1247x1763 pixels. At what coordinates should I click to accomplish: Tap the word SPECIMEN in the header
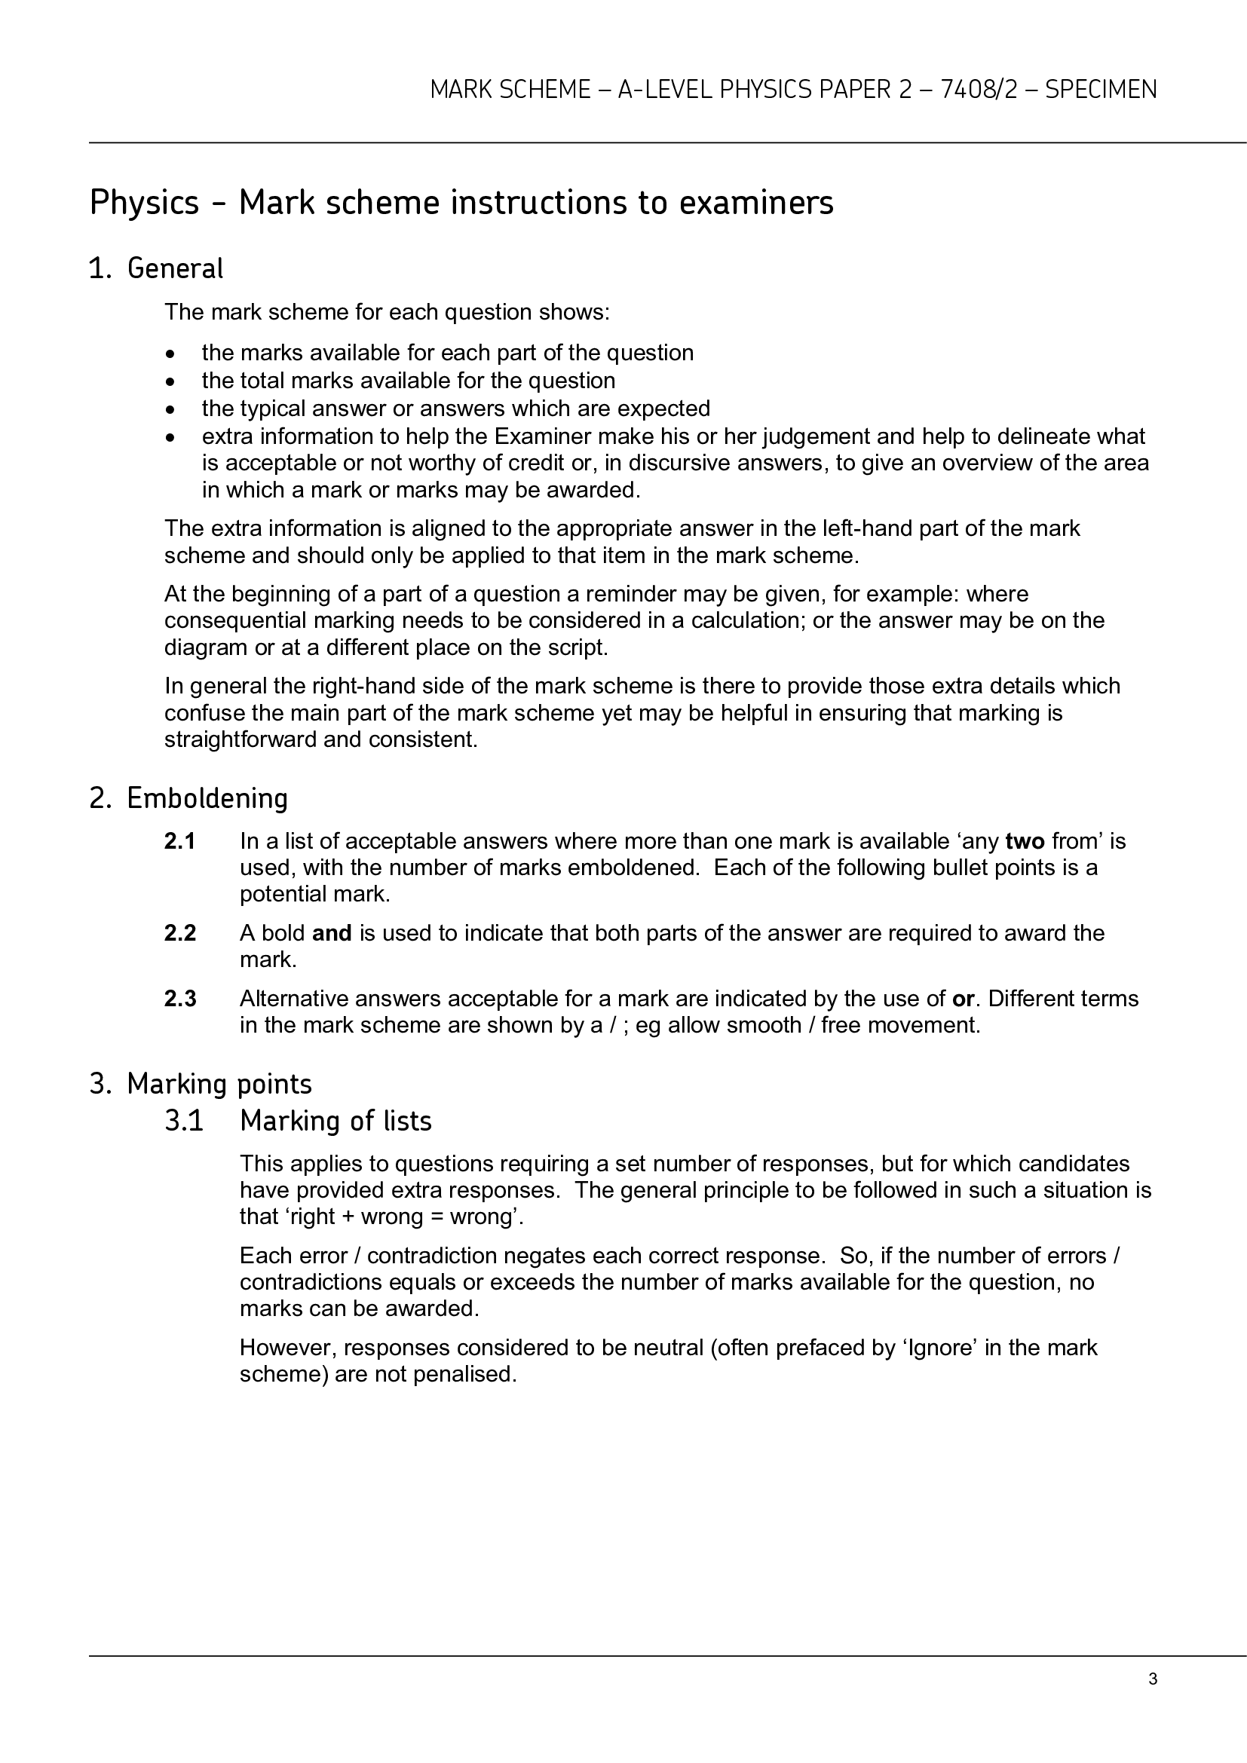coord(1100,90)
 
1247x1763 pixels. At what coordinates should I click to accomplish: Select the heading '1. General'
coord(156,269)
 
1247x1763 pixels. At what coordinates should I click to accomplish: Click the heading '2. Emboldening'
coord(188,798)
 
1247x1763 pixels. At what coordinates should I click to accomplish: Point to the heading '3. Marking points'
coord(201,1083)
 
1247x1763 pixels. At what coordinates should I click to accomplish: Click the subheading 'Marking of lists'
coord(335,1121)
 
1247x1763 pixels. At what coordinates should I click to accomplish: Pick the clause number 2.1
coord(179,842)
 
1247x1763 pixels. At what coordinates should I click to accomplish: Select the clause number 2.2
coord(179,934)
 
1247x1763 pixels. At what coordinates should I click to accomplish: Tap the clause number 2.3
coord(179,999)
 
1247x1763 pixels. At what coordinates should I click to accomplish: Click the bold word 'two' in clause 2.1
coord(1025,842)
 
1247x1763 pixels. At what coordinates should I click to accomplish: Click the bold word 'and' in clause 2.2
coord(332,934)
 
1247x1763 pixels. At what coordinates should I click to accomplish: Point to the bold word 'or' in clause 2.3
coord(963,999)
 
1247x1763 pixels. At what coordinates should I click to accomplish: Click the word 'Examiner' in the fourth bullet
coord(542,436)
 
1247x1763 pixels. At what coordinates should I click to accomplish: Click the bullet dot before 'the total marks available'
coord(170,381)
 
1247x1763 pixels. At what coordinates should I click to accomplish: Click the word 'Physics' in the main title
coord(144,204)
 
